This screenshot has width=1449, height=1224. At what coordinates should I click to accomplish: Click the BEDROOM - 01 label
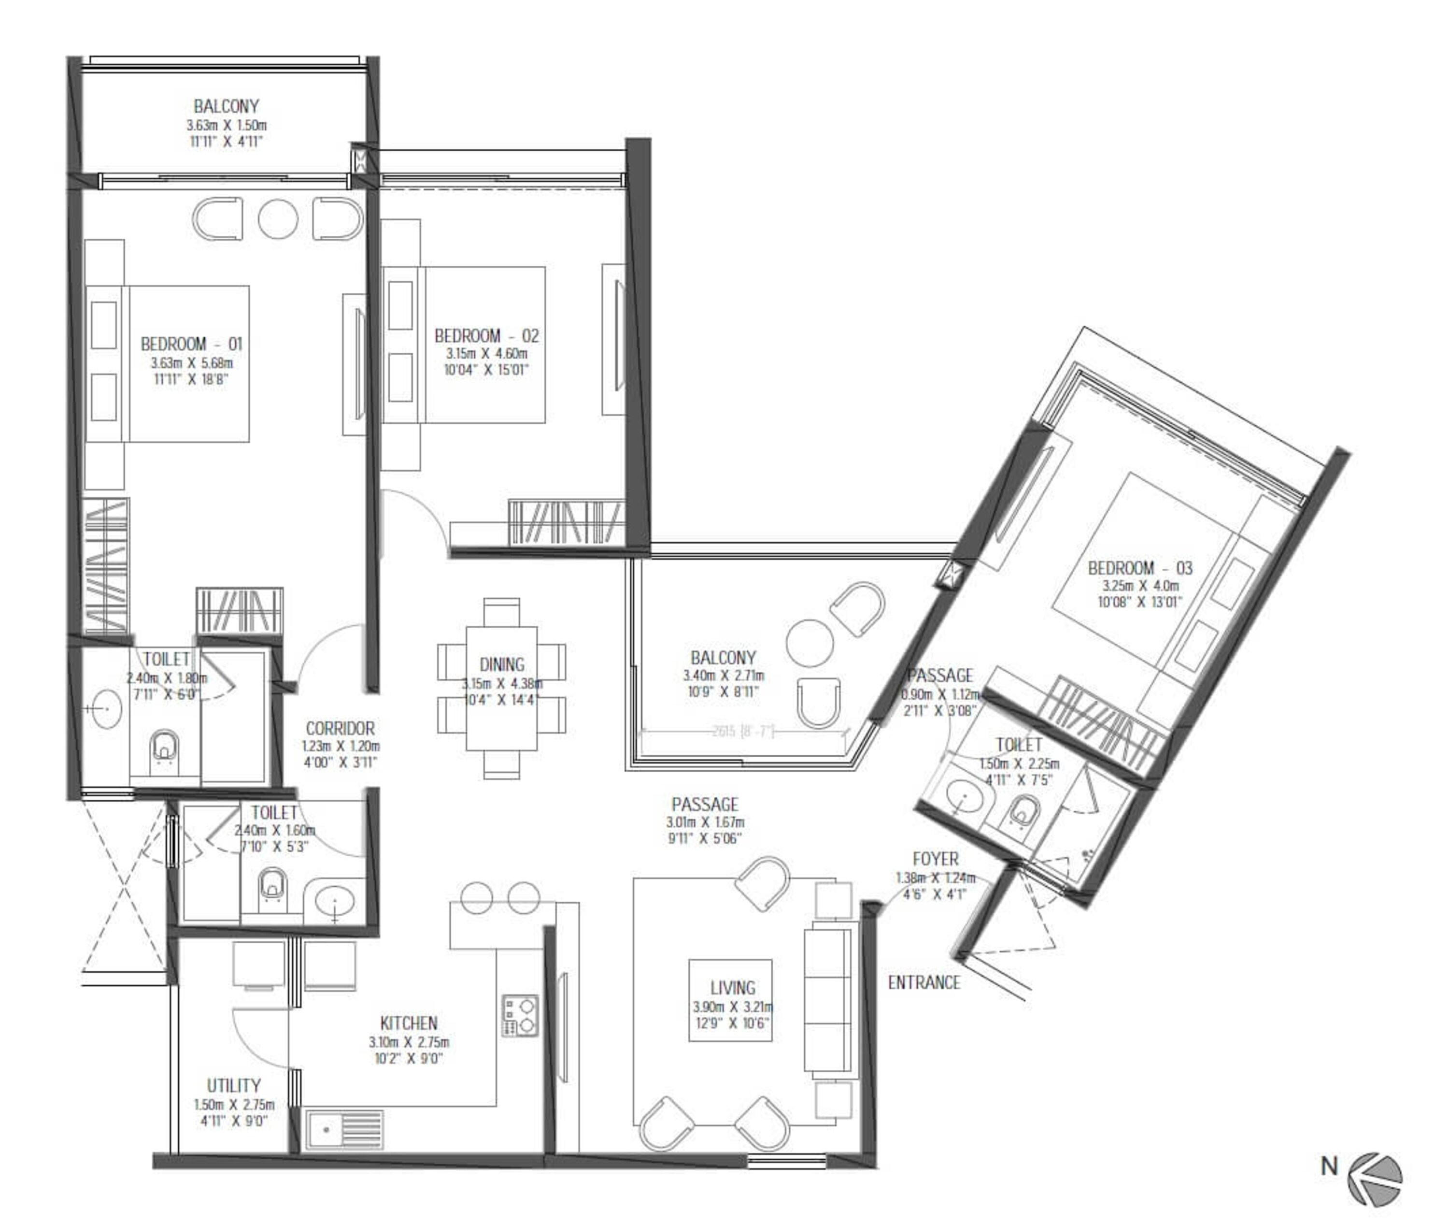191,344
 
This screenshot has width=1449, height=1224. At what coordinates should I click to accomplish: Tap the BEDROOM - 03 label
1140,568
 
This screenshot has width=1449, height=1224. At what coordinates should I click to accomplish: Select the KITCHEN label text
409,1023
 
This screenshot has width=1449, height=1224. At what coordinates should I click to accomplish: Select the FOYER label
935,859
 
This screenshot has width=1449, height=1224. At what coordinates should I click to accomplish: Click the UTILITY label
234,1085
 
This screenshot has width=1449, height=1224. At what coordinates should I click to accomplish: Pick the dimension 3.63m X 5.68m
191,363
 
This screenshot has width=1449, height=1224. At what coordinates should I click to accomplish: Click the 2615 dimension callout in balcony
742,731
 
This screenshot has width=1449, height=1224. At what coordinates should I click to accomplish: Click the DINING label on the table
501,664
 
